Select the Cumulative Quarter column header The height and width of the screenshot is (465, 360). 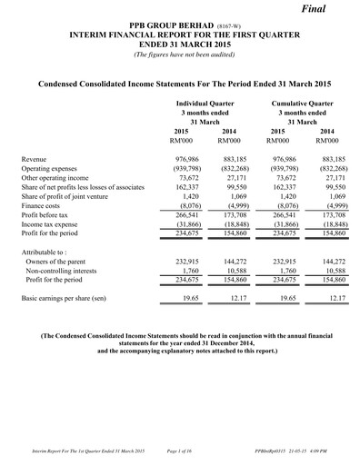[x=302, y=104]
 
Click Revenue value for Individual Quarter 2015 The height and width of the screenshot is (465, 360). [x=186, y=159]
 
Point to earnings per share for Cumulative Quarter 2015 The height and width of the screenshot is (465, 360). [x=281, y=297]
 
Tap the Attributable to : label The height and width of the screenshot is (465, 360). [x=51, y=249]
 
